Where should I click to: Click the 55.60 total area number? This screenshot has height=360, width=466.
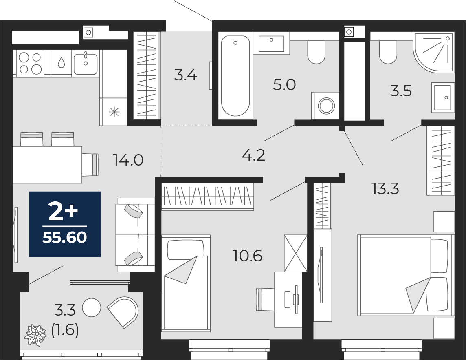pyautogui.click(x=65, y=237)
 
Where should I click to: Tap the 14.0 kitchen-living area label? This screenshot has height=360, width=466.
pyautogui.click(x=128, y=160)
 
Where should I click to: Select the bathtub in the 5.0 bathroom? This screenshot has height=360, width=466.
pyautogui.click(x=235, y=76)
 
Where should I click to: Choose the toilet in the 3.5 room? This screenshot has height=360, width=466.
pyautogui.click(x=388, y=53)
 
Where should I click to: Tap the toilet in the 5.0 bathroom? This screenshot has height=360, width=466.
pyautogui.click(x=317, y=53)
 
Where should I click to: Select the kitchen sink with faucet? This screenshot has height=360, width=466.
pyautogui.click(x=86, y=63)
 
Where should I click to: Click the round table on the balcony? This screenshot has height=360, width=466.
pyautogui.click(x=91, y=308)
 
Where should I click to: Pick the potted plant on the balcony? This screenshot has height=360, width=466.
pyautogui.click(x=35, y=335)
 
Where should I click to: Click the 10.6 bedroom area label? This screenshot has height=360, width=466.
pyautogui.click(x=247, y=256)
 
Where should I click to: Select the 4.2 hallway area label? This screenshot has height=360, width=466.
pyautogui.click(x=254, y=155)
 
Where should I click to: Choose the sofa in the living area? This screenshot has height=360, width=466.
pyautogui.click(x=135, y=235)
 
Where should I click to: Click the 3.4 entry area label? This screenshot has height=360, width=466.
pyautogui.click(x=186, y=75)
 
